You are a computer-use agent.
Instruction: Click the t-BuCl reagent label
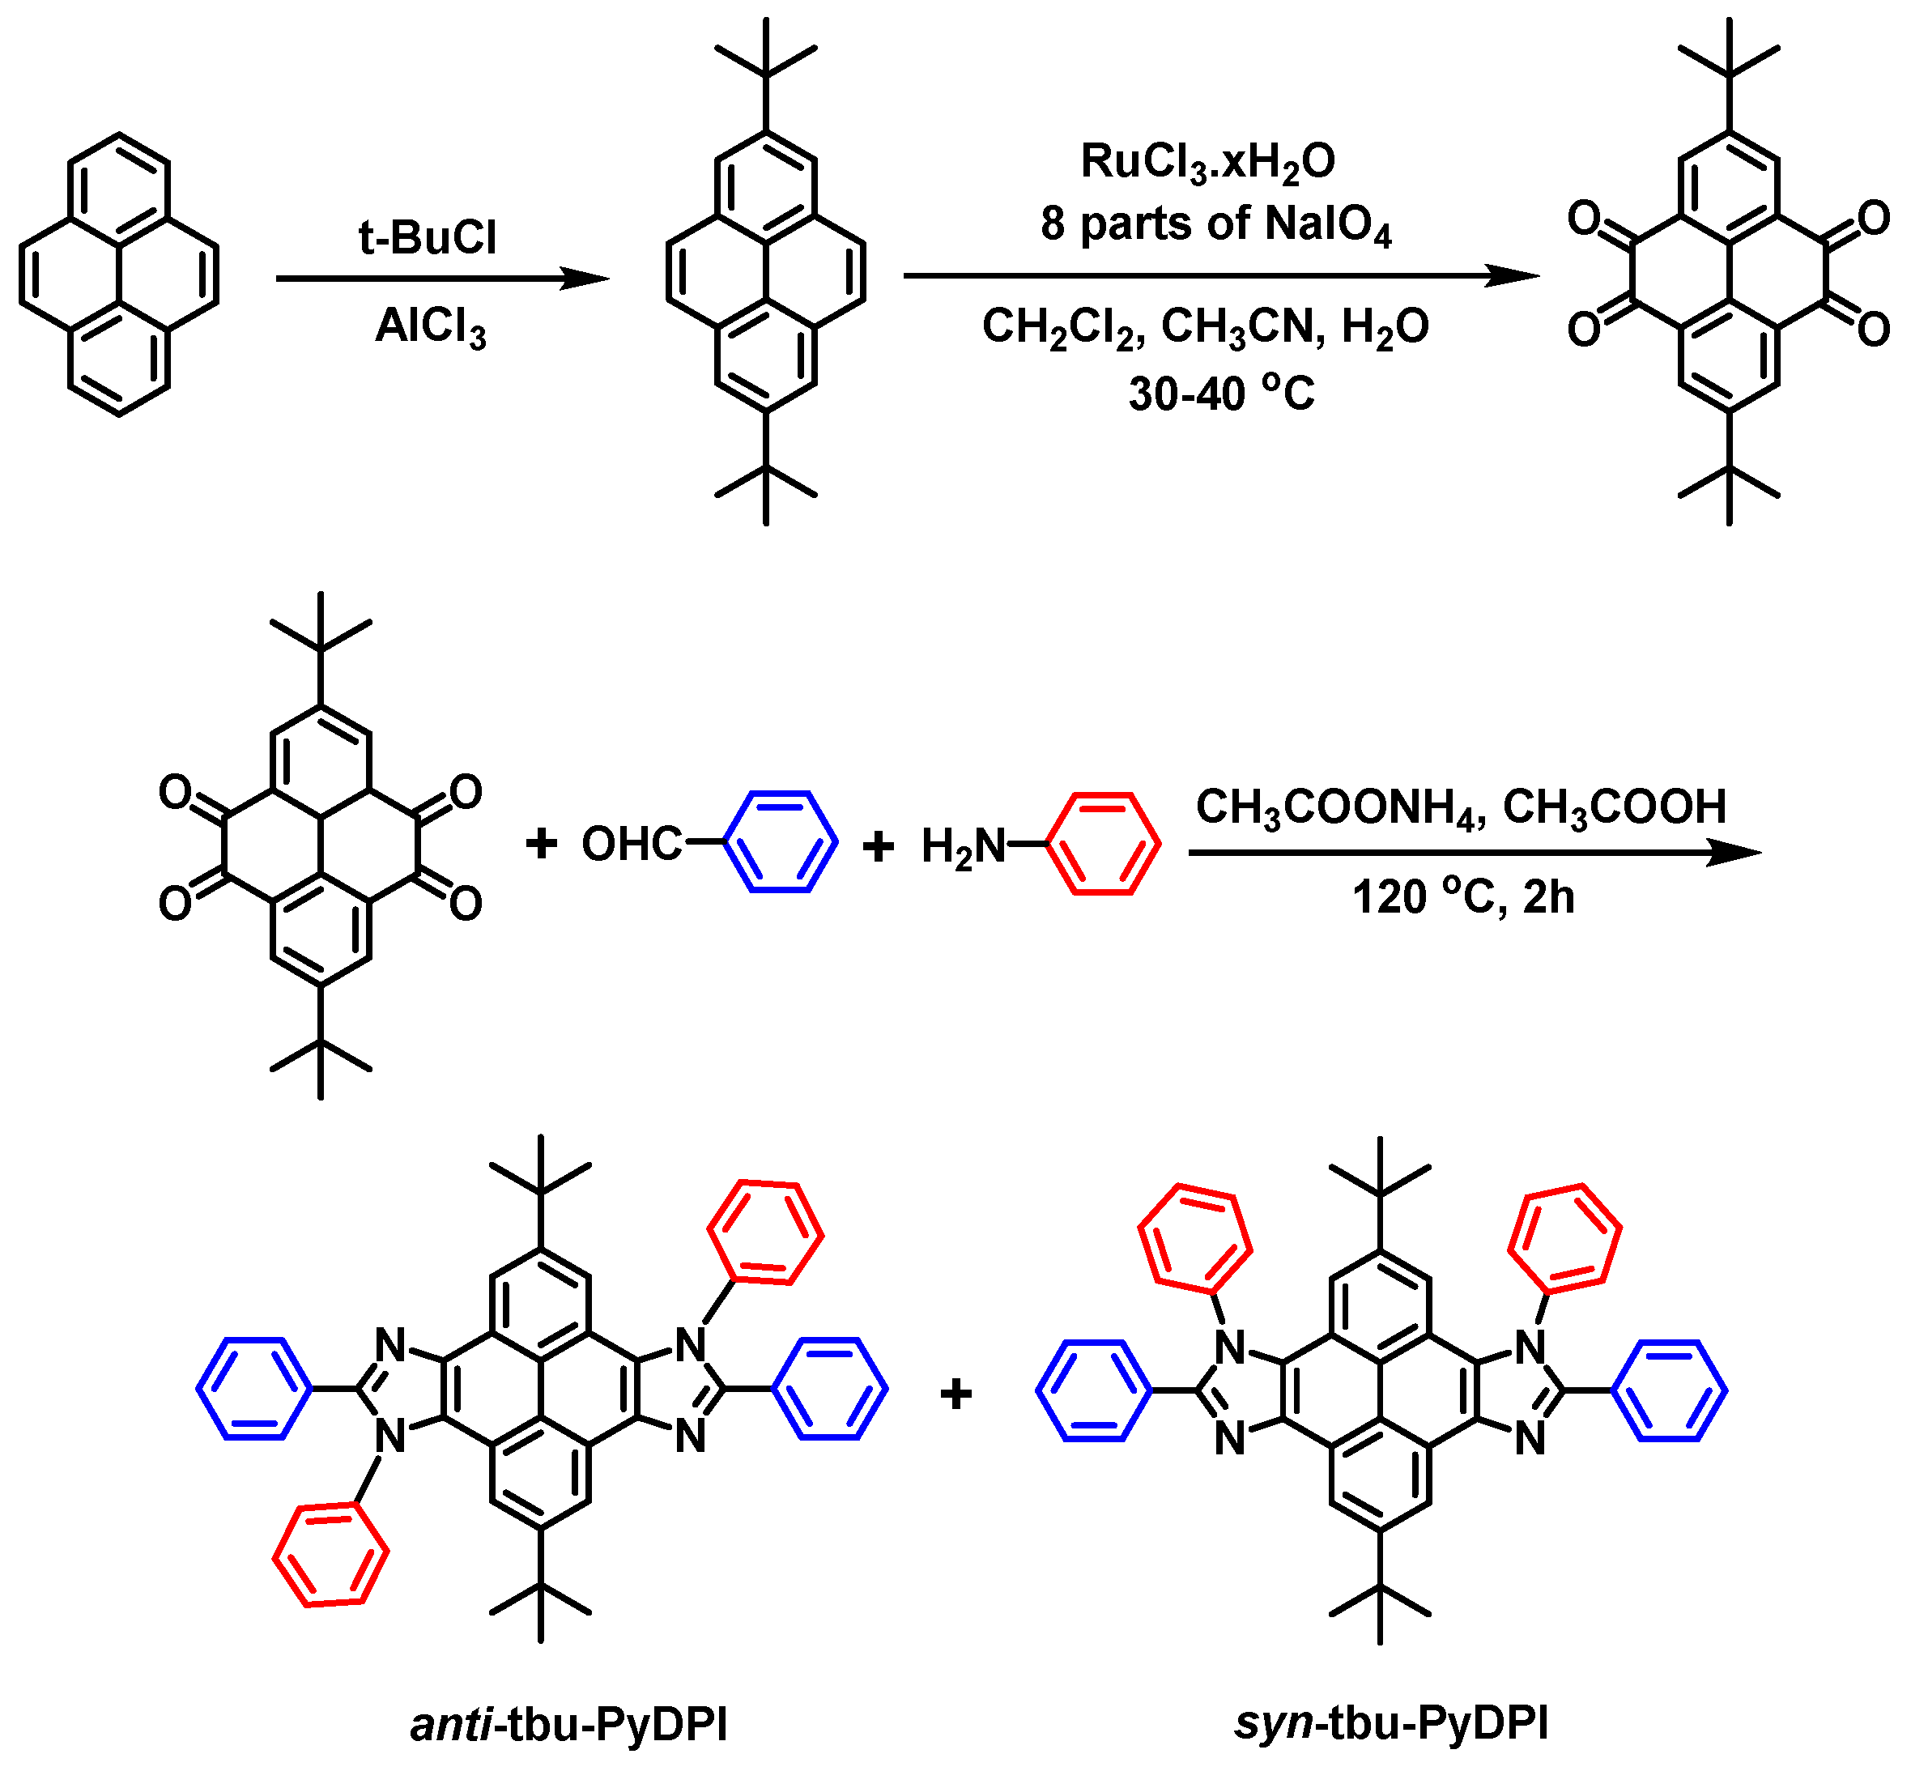click(428, 237)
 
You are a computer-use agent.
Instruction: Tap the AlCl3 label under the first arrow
click(430, 327)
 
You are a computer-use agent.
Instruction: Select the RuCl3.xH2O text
click(1207, 162)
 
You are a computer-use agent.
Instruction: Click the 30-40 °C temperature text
click(1221, 393)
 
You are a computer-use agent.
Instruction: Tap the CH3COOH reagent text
click(1614, 807)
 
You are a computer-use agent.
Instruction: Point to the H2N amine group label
click(962, 846)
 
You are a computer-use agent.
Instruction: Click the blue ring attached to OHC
click(780, 842)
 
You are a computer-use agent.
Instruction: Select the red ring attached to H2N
click(1102, 843)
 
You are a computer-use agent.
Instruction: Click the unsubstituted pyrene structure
click(119, 274)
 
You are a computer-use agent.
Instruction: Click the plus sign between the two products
click(955, 1393)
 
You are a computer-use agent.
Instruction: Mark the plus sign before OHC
click(542, 843)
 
